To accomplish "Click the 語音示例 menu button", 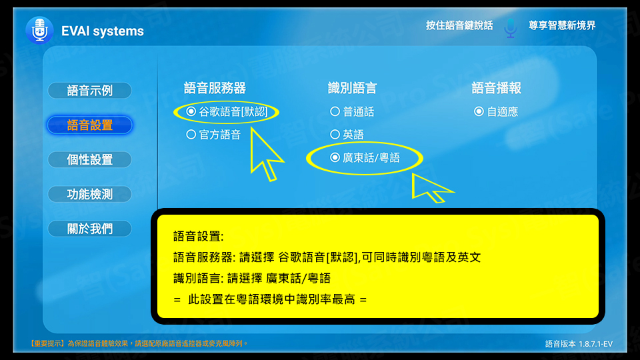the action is pyautogui.click(x=90, y=91).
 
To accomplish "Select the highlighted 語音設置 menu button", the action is pyautogui.click(x=90, y=125).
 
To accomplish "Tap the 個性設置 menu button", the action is pyautogui.click(x=90, y=159).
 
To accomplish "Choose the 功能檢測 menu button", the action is pyautogui.click(x=90, y=194).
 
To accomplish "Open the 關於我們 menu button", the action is pyautogui.click(x=90, y=229).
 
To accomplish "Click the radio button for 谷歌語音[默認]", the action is pyautogui.click(x=191, y=111).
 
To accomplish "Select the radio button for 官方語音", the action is pyautogui.click(x=191, y=134).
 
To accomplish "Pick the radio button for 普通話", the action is pyautogui.click(x=335, y=111).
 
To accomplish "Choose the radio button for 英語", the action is pyautogui.click(x=335, y=134).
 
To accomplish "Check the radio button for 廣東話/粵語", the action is pyautogui.click(x=335, y=157).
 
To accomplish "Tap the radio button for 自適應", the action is pyautogui.click(x=479, y=111).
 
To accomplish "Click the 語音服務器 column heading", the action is pyautogui.click(x=215, y=88).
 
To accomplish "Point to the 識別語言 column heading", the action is pyautogui.click(x=352, y=88).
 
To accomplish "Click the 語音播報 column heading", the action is pyautogui.click(x=496, y=88).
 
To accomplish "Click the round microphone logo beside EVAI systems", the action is pyautogui.click(x=39, y=30).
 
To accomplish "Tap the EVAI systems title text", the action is pyautogui.click(x=103, y=31).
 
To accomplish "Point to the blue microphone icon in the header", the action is pyautogui.click(x=510, y=28).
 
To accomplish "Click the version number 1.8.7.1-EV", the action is pyautogui.click(x=595, y=344).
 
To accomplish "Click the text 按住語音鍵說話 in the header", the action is pyautogui.click(x=459, y=25).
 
